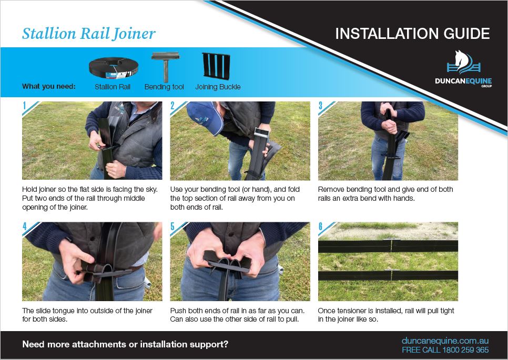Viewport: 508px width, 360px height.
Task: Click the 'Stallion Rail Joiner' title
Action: click(x=88, y=33)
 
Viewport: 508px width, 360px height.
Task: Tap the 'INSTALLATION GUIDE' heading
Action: click(x=412, y=34)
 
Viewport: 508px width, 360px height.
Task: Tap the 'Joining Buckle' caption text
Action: click(x=218, y=87)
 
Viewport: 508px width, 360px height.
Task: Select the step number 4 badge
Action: click(x=25, y=227)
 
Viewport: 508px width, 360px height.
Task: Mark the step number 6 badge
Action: click(x=321, y=227)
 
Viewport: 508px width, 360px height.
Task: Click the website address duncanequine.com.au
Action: click(x=445, y=341)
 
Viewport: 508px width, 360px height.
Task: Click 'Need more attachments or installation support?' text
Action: click(x=125, y=345)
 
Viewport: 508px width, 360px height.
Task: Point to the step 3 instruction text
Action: click(x=385, y=193)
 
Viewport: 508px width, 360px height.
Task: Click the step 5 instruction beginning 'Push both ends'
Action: click(x=237, y=315)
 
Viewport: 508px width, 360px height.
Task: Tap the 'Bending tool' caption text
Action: click(x=164, y=87)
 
